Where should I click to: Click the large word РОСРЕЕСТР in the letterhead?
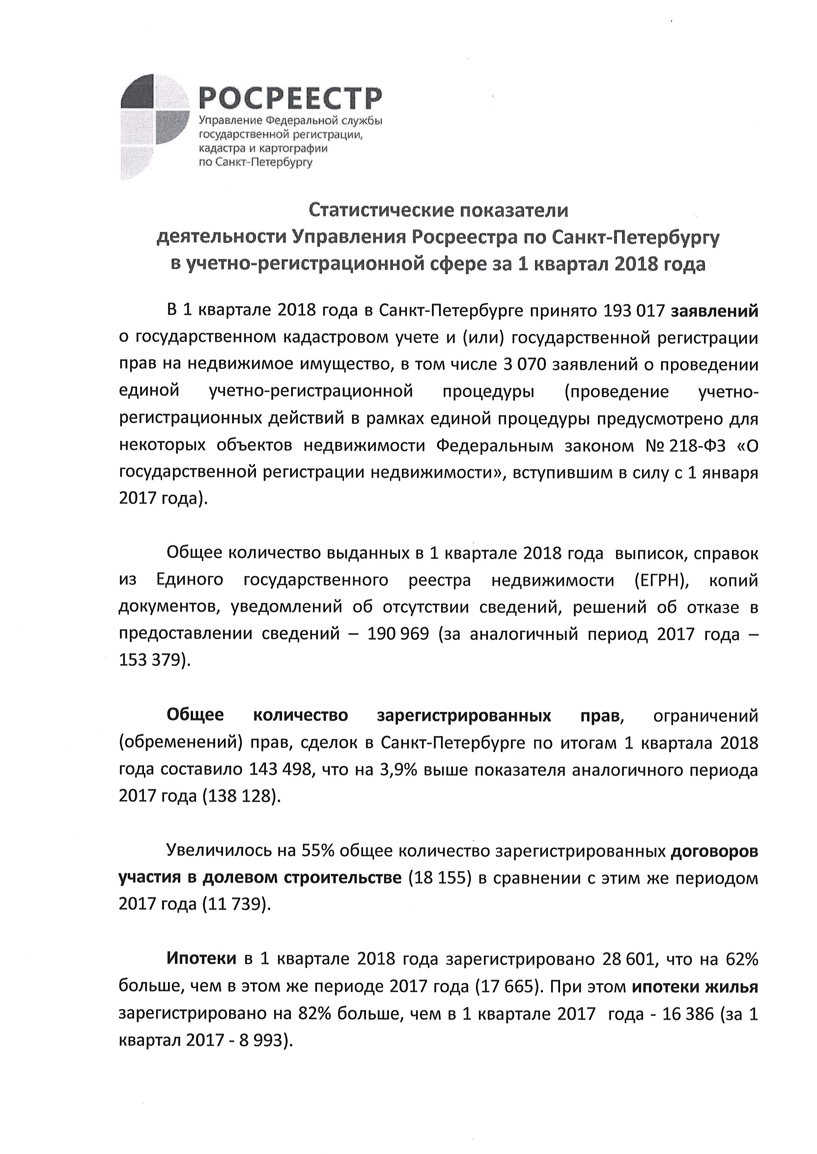coord(290,97)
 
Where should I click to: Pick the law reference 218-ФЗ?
coord(698,446)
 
